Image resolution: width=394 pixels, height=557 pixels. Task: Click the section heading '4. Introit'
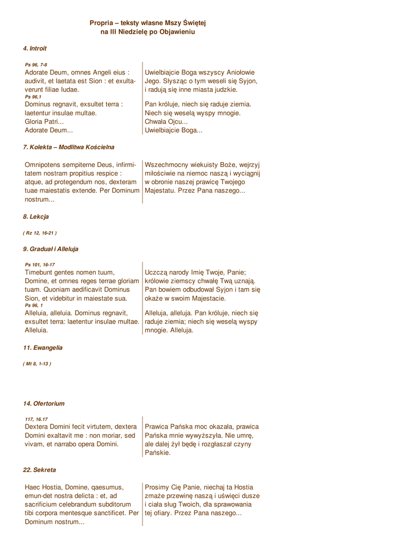click(35, 48)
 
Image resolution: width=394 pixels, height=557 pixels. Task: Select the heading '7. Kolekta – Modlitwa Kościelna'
click(69, 147)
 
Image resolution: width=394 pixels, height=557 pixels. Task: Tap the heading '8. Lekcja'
click(36, 216)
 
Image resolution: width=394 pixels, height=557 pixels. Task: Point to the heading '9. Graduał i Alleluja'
click(51, 249)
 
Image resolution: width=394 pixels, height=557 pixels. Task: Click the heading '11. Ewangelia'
click(42, 347)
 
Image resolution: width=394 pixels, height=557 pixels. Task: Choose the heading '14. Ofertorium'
click(44, 403)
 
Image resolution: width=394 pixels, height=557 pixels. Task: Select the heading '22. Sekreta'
click(39, 469)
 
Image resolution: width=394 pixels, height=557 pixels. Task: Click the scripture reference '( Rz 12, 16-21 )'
click(40, 233)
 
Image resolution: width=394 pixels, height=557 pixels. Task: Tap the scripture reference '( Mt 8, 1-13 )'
click(37, 363)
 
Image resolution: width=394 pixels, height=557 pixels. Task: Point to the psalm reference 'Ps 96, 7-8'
click(36, 65)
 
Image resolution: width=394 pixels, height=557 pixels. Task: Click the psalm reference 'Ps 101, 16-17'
click(40, 265)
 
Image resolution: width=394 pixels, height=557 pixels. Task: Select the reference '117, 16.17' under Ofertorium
click(36, 419)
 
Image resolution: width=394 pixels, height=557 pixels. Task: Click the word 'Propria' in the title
click(102, 23)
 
